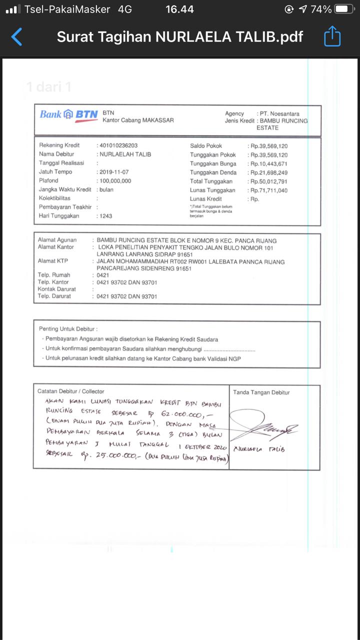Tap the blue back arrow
16,37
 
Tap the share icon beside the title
332,36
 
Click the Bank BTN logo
69,115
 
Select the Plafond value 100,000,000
115,181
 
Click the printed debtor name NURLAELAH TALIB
125,154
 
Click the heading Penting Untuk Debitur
68,329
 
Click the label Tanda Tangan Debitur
261,392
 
